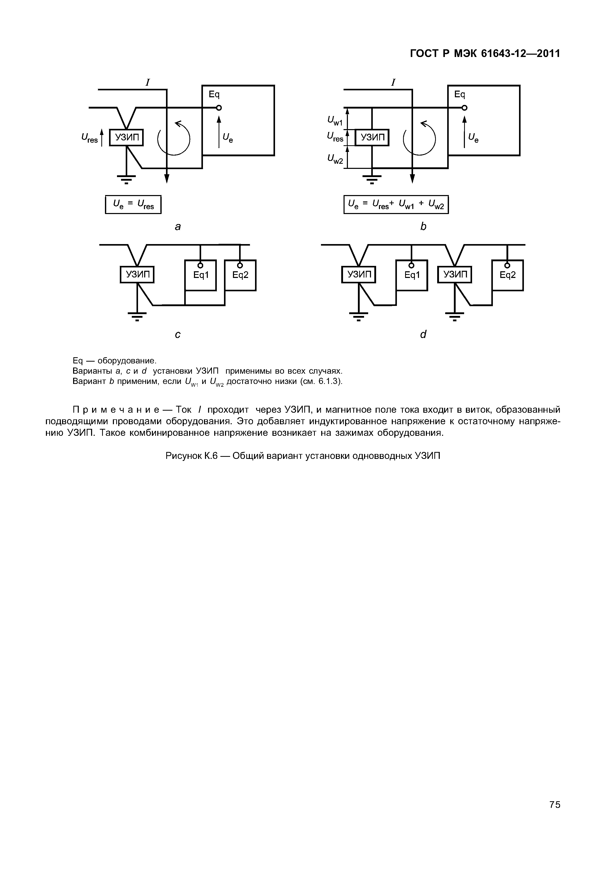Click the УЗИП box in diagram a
[x=126, y=138]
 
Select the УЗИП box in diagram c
[x=137, y=275]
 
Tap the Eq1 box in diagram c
[x=200, y=275]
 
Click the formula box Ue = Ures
[x=133, y=205]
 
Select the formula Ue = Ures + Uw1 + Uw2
[x=396, y=205]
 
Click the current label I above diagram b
[x=393, y=82]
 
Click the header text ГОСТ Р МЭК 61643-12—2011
[x=485, y=54]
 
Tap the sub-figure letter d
[x=423, y=334]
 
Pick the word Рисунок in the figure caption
[x=184, y=456]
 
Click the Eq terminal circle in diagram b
[x=464, y=108]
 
